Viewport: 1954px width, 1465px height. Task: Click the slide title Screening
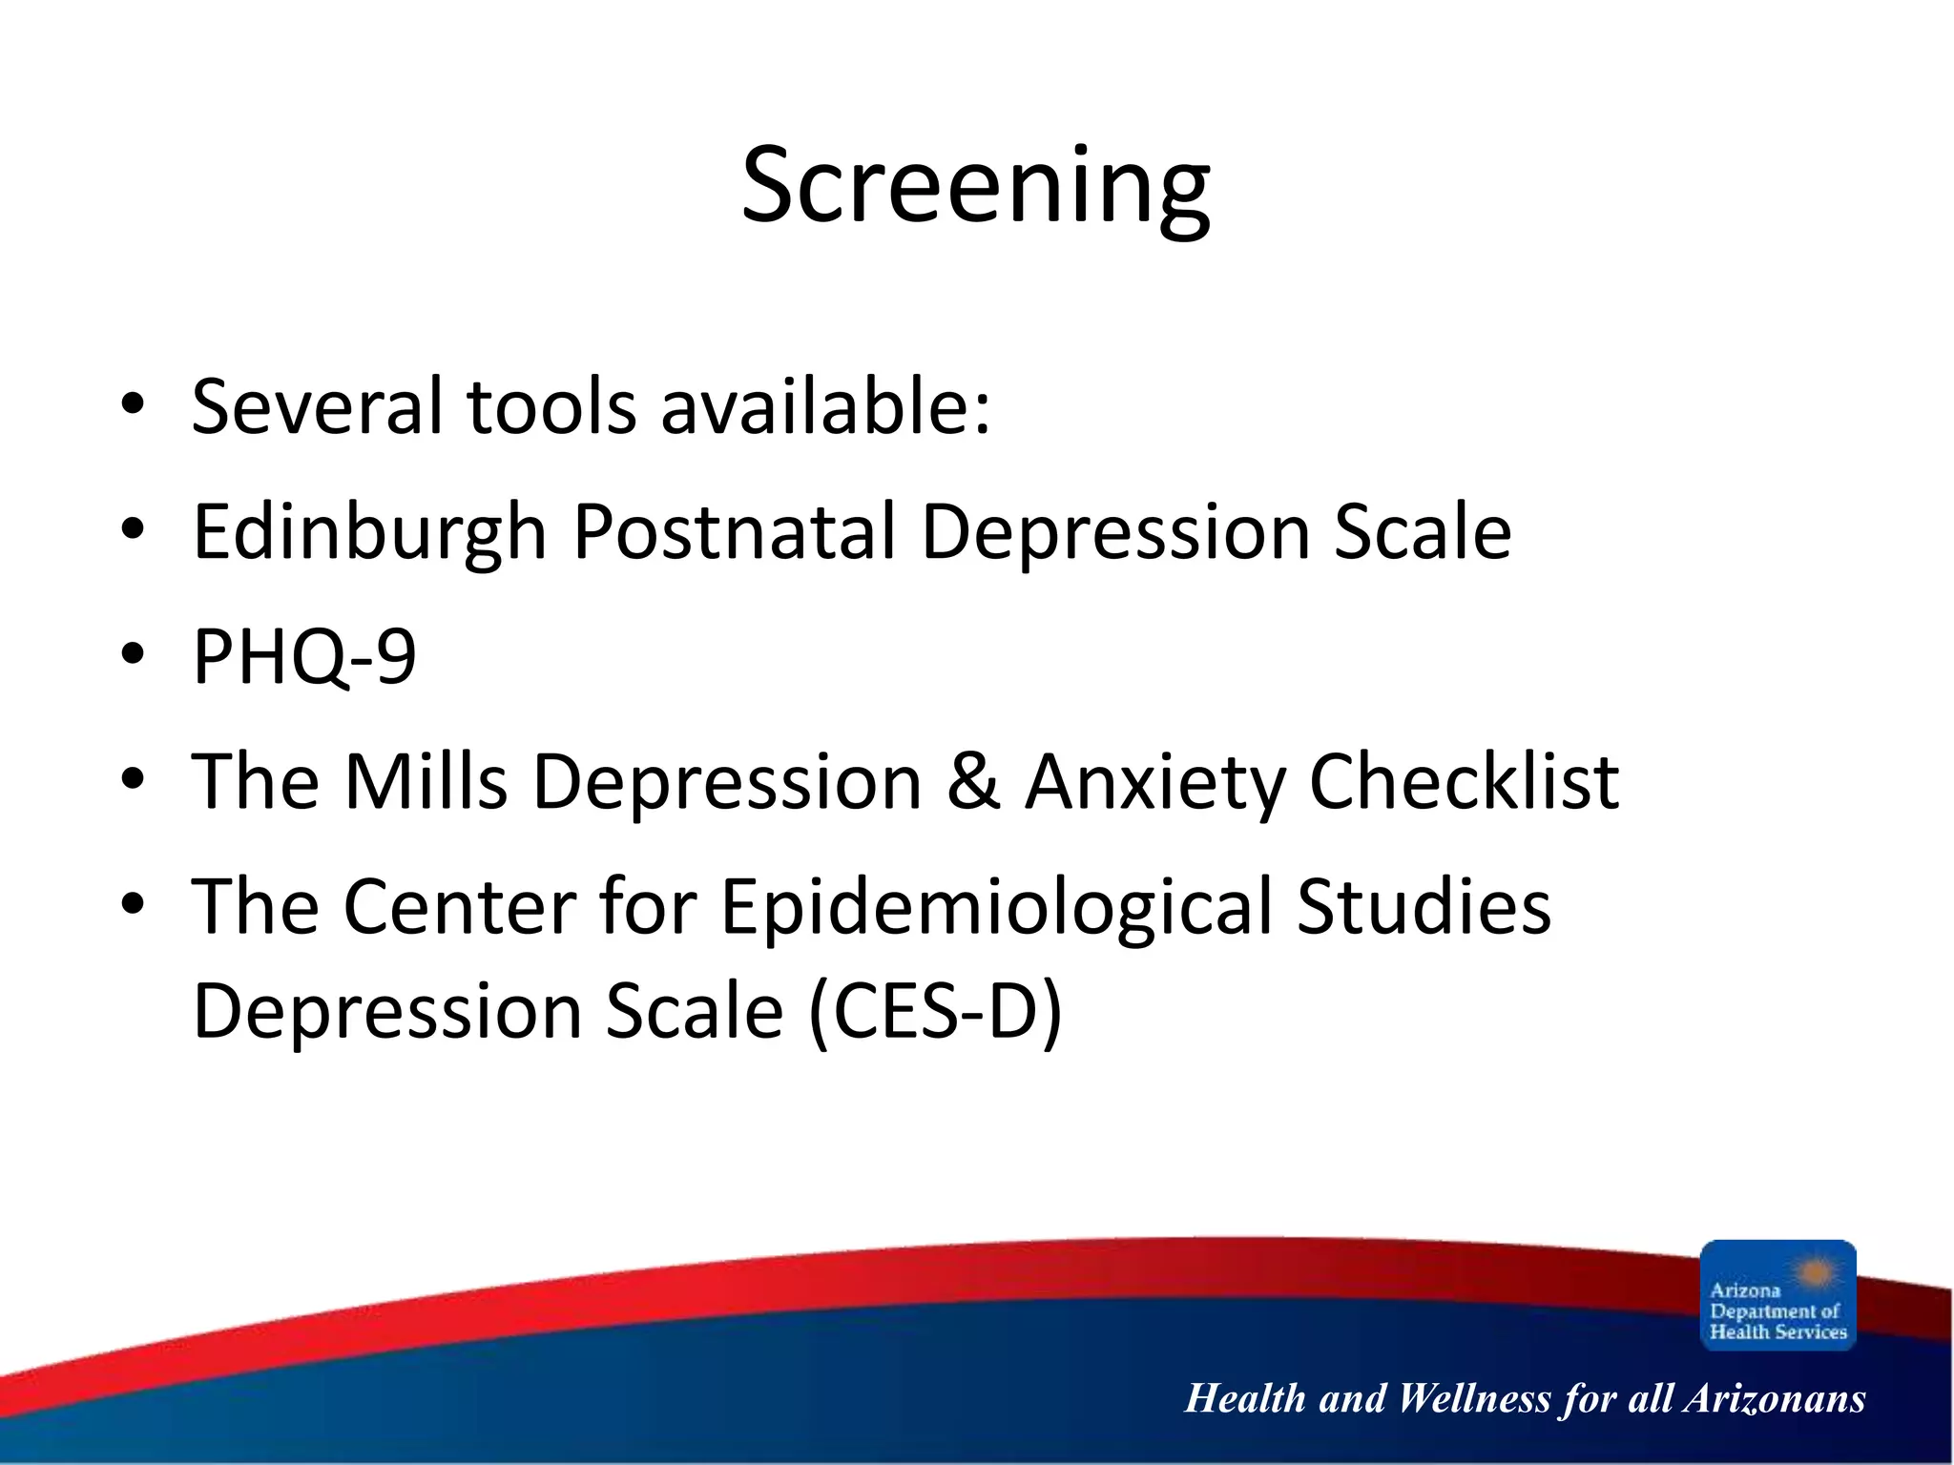(x=975, y=186)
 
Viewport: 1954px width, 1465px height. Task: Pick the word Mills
(x=426, y=781)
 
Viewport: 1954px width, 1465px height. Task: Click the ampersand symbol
(x=973, y=781)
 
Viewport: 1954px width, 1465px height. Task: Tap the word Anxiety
(x=1155, y=783)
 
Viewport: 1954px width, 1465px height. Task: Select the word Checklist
(x=1464, y=781)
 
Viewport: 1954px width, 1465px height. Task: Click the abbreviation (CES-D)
(x=935, y=1012)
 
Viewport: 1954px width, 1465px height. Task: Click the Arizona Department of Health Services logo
(x=1777, y=1294)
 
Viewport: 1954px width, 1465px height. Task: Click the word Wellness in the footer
(x=1474, y=1399)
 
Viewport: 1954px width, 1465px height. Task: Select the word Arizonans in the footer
(x=1774, y=1399)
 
